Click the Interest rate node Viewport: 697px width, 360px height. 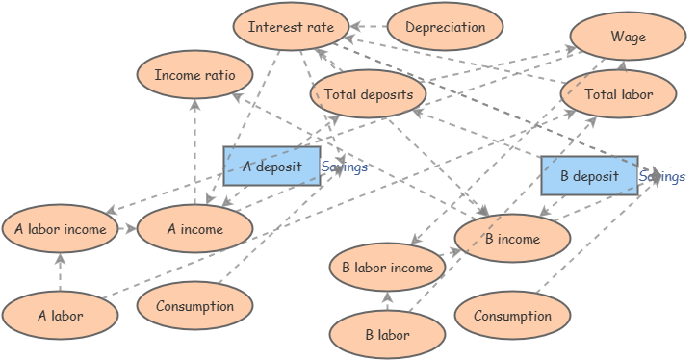click(291, 27)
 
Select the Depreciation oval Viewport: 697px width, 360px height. click(445, 27)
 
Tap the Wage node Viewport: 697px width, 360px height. click(628, 38)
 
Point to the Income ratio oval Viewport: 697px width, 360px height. click(195, 75)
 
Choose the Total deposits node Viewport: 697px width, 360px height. click(368, 94)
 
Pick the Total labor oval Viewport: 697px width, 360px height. click(619, 94)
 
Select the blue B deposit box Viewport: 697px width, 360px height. click(588, 176)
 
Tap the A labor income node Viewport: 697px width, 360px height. click(60, 229)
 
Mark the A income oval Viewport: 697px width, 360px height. click(194, 229)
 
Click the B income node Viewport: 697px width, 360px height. click(511, 239)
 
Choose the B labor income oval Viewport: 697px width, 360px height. click(387, 268)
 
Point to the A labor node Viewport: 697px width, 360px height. click(60, 315)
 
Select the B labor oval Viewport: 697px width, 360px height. click(387, 335)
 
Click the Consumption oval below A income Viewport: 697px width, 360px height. click(194, 306)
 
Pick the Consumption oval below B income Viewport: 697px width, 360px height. click(512, 315)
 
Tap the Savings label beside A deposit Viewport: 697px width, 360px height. click(345, 167)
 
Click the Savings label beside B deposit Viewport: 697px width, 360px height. click(662, 176)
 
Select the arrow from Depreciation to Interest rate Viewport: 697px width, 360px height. click(367, 27)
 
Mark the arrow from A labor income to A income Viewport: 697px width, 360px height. click(127, 229)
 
